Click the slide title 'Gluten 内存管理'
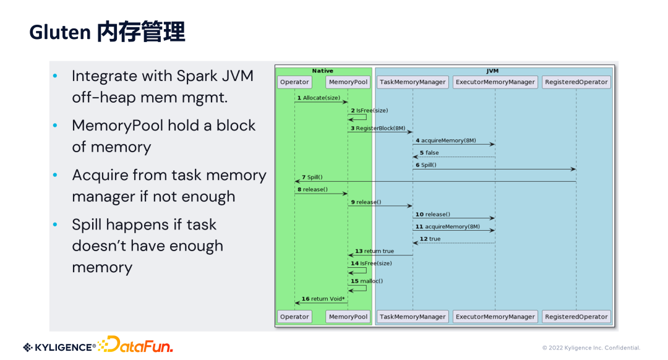(x=107, y=32)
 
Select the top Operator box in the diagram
(x=294, y=82)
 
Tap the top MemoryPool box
(x=348, y=82)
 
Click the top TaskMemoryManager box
(x=413, y=82)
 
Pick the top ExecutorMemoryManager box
(x=495, y=82)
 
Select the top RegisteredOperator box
(x=576, y=82)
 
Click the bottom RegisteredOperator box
(x=576, y=317)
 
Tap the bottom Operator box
(x=294, y=317)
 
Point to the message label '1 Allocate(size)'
(x=319, y=98)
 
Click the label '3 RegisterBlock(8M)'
(x=378, y=128)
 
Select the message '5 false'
(x=429, y=153)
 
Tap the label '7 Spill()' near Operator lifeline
(x=312, y=177)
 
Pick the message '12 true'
(x=430, y=239)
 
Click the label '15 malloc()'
(x=367, y=281)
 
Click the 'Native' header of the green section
(x=322, y=71)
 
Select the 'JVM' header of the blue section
(x=492, y=71)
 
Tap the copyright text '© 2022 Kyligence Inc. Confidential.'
(x=591, y=348)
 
